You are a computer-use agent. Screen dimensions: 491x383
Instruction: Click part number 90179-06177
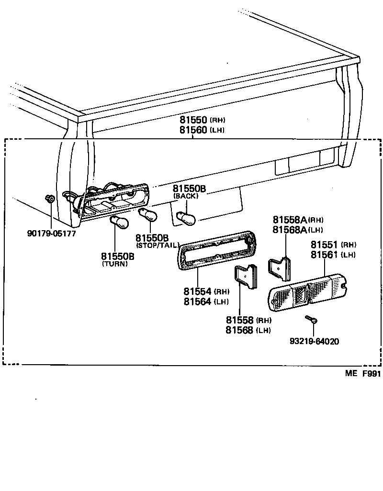click(x=52, y=234)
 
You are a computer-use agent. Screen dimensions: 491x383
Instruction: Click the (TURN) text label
click(x=115, y=264)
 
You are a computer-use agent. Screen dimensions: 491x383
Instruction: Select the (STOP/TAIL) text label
click(x=158, y=245)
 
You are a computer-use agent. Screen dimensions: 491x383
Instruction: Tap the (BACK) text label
click(x=186, y=196)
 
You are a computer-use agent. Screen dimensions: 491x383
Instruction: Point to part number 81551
click(x=325, y=245)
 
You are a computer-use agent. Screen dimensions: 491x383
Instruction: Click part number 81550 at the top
click(x=192, y=120)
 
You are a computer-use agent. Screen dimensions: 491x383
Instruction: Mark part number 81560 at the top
click(x=192, y=130)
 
